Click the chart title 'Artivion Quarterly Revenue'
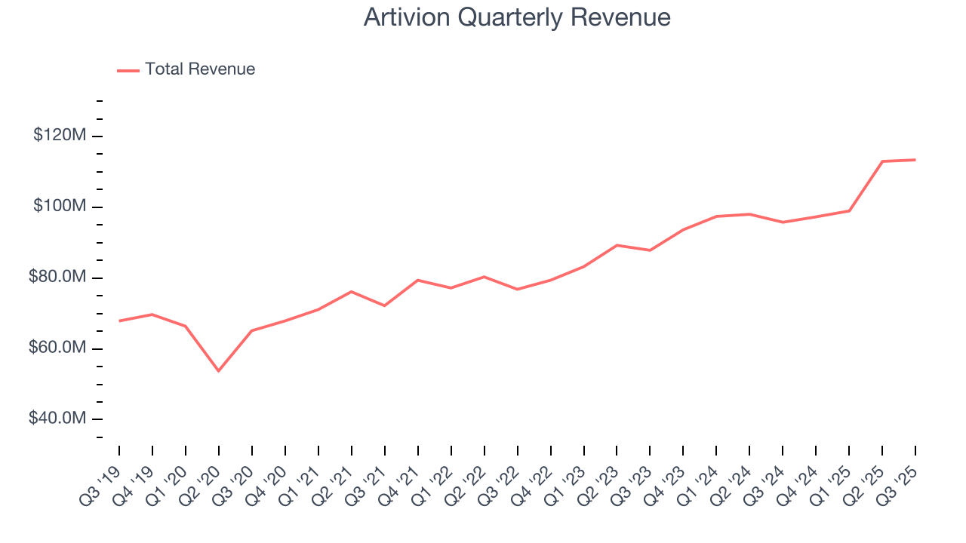pyautogui.click(x=517, y=17)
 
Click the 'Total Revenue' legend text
pyautogui.click(x=200, y=69)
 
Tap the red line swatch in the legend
pyautogui.click(x=128, y=70)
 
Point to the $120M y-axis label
pyautogui.click(x=60, y=136)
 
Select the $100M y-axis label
pyautogui.click(x=60, y=207)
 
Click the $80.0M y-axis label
pyautogui.click(x=57, y=278)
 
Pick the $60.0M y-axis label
pyautogui.click(x=57, y=348)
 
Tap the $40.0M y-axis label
pyautogui.click(x=57, y=419)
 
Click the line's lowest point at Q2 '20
pyautogui.click(x=219, y=371)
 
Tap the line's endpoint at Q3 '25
pyautogui.click(x=915, y=160)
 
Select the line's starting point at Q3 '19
pyautogui.click(x=119, y=321)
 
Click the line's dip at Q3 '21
pyautogui.click(x=385, y=305)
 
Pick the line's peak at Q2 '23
pyautogui.click(x=617, y=245)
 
